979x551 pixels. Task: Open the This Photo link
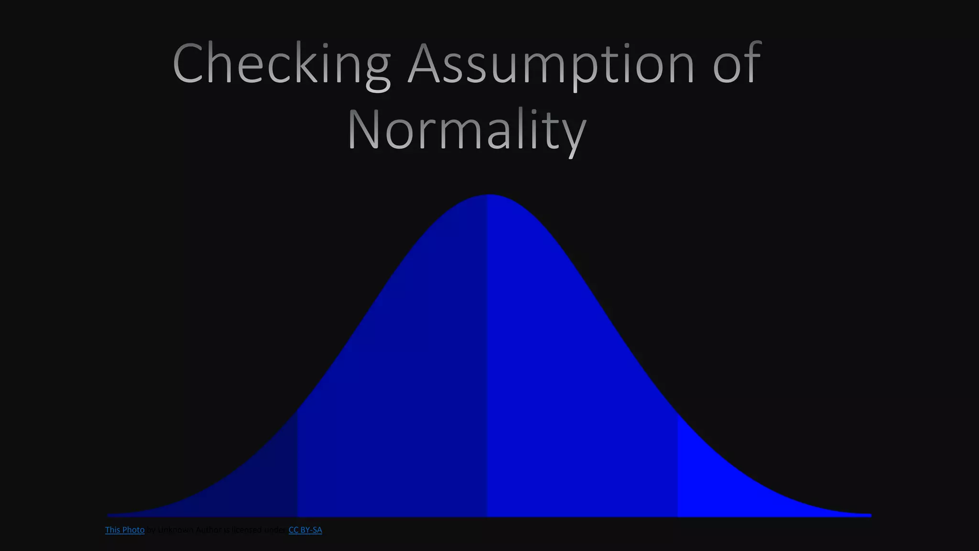125,530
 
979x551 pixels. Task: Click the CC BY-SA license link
305,530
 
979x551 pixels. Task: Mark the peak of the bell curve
489,196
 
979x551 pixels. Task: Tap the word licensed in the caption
247,530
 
